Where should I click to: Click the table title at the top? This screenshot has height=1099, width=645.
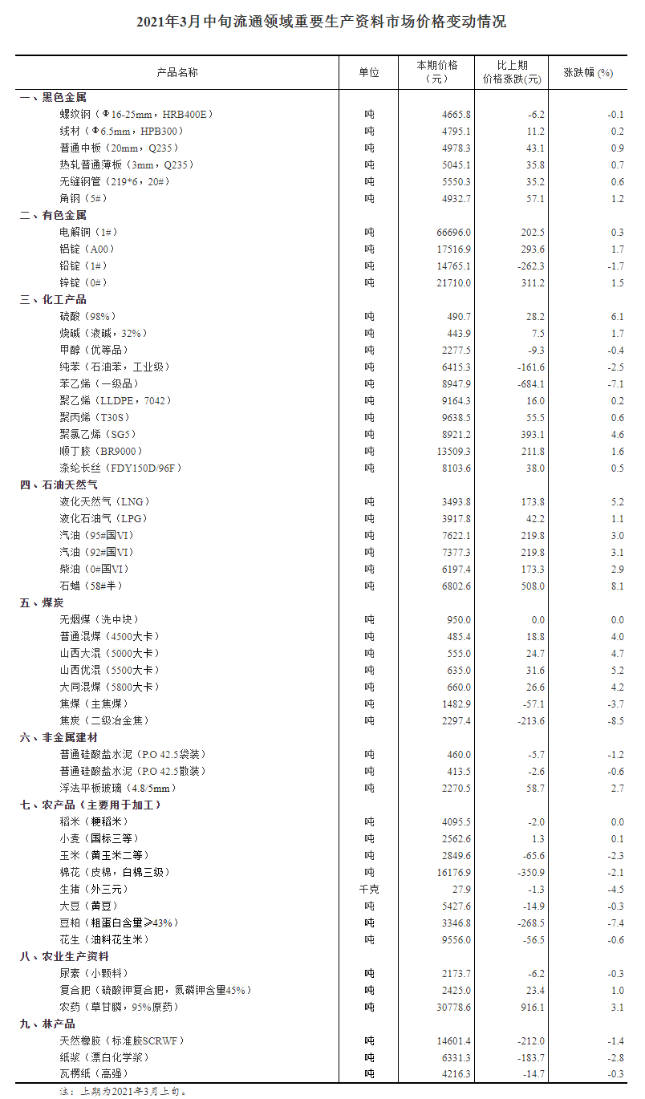pyautogui.click(x=322, y=22)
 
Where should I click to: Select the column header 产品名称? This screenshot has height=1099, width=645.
pyautogui.click(x=176, y=72)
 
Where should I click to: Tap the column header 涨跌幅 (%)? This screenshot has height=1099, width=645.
pyautogui.click(x=588, y=72)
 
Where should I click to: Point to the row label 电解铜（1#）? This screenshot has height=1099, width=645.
pyautogui.click(x=88, y=232)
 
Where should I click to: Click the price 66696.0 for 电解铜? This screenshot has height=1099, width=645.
pyautogui.click(x=453, y=232)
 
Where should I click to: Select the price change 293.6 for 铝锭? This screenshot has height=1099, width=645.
pyautogui.click(x=530, y=249)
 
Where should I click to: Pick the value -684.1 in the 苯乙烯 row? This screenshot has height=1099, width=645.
pyautogui.click(x=528, y=383)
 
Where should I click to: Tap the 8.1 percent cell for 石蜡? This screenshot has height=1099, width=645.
pyautogui.click(x=617, y=586)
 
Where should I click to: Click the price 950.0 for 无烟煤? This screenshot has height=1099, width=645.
pyautogui.click(x=458, y=619)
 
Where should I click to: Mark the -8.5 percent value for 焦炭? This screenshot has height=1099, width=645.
pyautogui.click(x=615, y=720)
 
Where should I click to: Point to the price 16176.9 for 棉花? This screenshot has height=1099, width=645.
pyautogui.click(x=453, y=872)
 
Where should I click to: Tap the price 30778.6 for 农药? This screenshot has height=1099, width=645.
pyautogui.click(x=453, y=1007)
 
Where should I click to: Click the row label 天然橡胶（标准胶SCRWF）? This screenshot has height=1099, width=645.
pyautogui.click(x=122, y=1040)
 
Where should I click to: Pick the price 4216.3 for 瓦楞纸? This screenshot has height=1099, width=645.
pyautogui.click(x=455, y=1074)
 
